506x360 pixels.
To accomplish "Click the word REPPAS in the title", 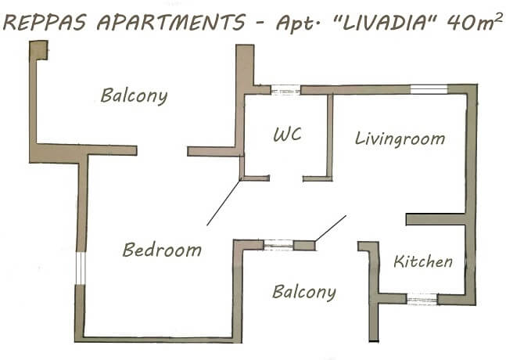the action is point(45,23).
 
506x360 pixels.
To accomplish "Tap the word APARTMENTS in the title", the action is point(171,23).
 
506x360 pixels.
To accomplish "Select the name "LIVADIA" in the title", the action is point(385,23).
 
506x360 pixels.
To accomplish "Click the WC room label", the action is point(288,135).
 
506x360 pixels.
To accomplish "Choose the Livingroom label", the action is point(400,139).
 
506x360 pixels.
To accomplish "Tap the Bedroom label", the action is point(162,250).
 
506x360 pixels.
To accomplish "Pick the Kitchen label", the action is point(423,261).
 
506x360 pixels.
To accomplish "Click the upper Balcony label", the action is point(134,95).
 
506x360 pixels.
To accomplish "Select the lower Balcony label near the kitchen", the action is point(304,292).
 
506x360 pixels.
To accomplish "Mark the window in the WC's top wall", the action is point(285,90).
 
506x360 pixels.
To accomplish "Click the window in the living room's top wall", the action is point(429,89).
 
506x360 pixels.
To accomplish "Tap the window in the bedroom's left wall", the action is point(81,268).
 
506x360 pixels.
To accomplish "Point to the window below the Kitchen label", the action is point(422,299).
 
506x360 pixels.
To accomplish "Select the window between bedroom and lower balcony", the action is point(278,245).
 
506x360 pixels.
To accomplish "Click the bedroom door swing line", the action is point(224,203).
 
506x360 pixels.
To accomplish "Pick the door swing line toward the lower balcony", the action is point(331,229).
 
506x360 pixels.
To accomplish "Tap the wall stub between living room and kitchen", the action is point(435,219).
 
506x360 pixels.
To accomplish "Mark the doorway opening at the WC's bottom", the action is point(286,178).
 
